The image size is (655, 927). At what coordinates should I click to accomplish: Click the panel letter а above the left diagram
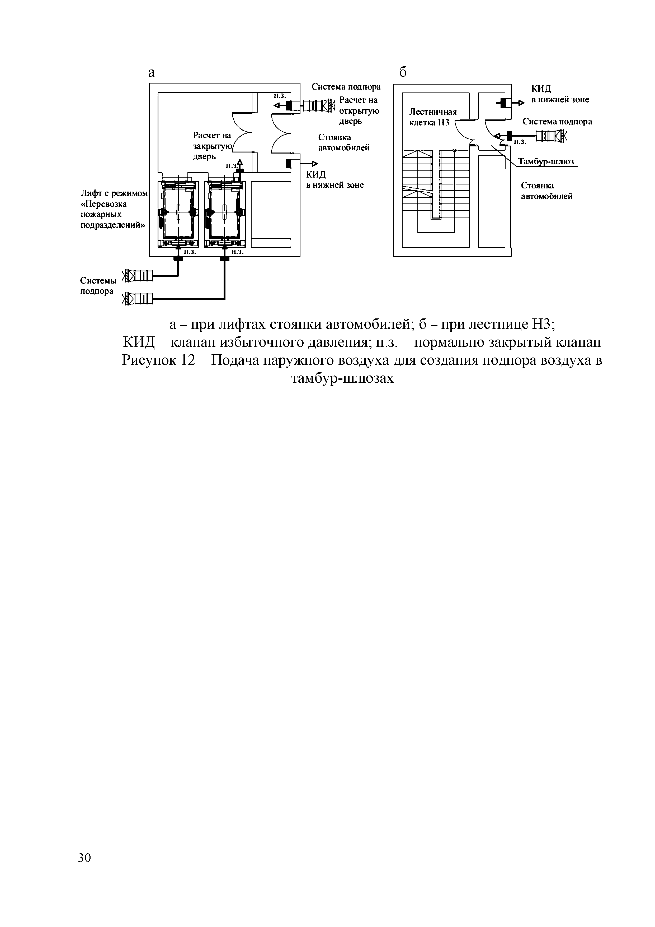[152, 73]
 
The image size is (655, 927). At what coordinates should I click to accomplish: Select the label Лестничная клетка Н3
[432, 117]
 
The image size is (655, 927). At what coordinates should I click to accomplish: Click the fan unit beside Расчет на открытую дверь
[319, 106]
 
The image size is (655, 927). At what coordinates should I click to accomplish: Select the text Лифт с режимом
[114, 194]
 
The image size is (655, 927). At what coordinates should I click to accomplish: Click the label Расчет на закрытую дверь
[212, 145]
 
